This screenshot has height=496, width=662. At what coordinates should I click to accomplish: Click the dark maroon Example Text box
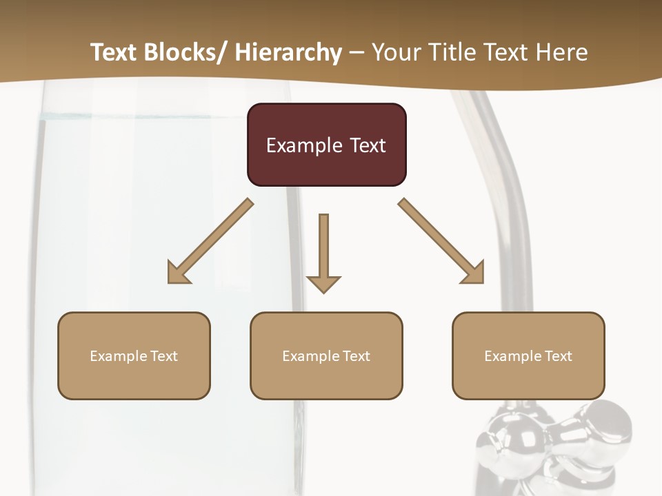click(326, 145)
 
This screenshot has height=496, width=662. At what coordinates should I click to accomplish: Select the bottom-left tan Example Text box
click(134, 355)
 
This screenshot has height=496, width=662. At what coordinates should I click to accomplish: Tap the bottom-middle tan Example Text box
click(326, 355)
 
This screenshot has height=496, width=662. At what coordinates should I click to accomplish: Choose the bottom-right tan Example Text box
click(528, 355)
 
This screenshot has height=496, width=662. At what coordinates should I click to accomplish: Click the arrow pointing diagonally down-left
click(210, 242)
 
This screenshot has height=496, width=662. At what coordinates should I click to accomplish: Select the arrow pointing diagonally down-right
click(441, 241)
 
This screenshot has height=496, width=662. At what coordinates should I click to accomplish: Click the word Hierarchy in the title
click(288, 52)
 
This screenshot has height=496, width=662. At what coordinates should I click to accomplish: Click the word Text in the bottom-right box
click(557, 355)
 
